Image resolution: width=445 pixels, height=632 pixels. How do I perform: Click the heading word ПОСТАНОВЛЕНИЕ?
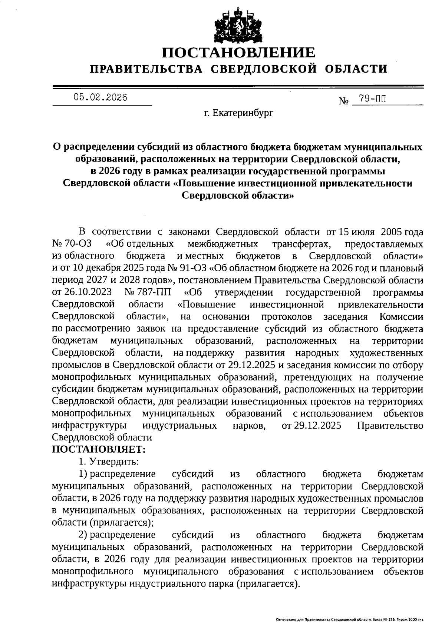pyautogui.click(x=239, y=53)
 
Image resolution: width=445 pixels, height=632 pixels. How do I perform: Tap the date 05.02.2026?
pyautogui.click(x=100, y=97)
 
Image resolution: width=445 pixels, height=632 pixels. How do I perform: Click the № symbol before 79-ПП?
pyautogui.click(x=344, y=101)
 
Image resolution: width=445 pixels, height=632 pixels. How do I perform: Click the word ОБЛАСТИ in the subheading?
pyautogui.click(x=356, y=69)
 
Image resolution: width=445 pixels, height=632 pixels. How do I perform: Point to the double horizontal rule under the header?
pyautogui.click(x=238, y=87)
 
